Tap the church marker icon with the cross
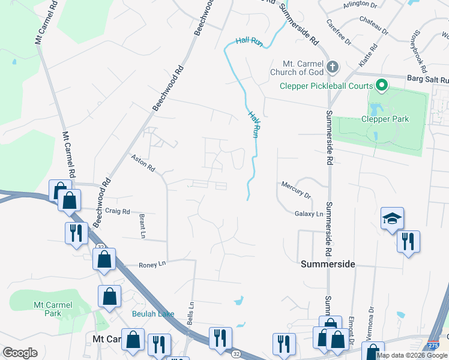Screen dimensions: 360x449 pos(334,66)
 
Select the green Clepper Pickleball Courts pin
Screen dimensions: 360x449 pos(380,85)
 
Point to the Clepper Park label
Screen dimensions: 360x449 pos(385,119)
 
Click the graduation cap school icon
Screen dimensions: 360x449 pos(392,218)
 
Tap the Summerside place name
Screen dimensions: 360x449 pos(328,264)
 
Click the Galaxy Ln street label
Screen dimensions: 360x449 pos(309,214)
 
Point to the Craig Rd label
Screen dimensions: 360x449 pos(118,211)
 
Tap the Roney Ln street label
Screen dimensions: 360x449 pos(152,264)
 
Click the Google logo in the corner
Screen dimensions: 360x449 pos(20,353)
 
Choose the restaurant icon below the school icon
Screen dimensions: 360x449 pos(408,242)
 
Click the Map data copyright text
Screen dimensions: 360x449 pos(412,355)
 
